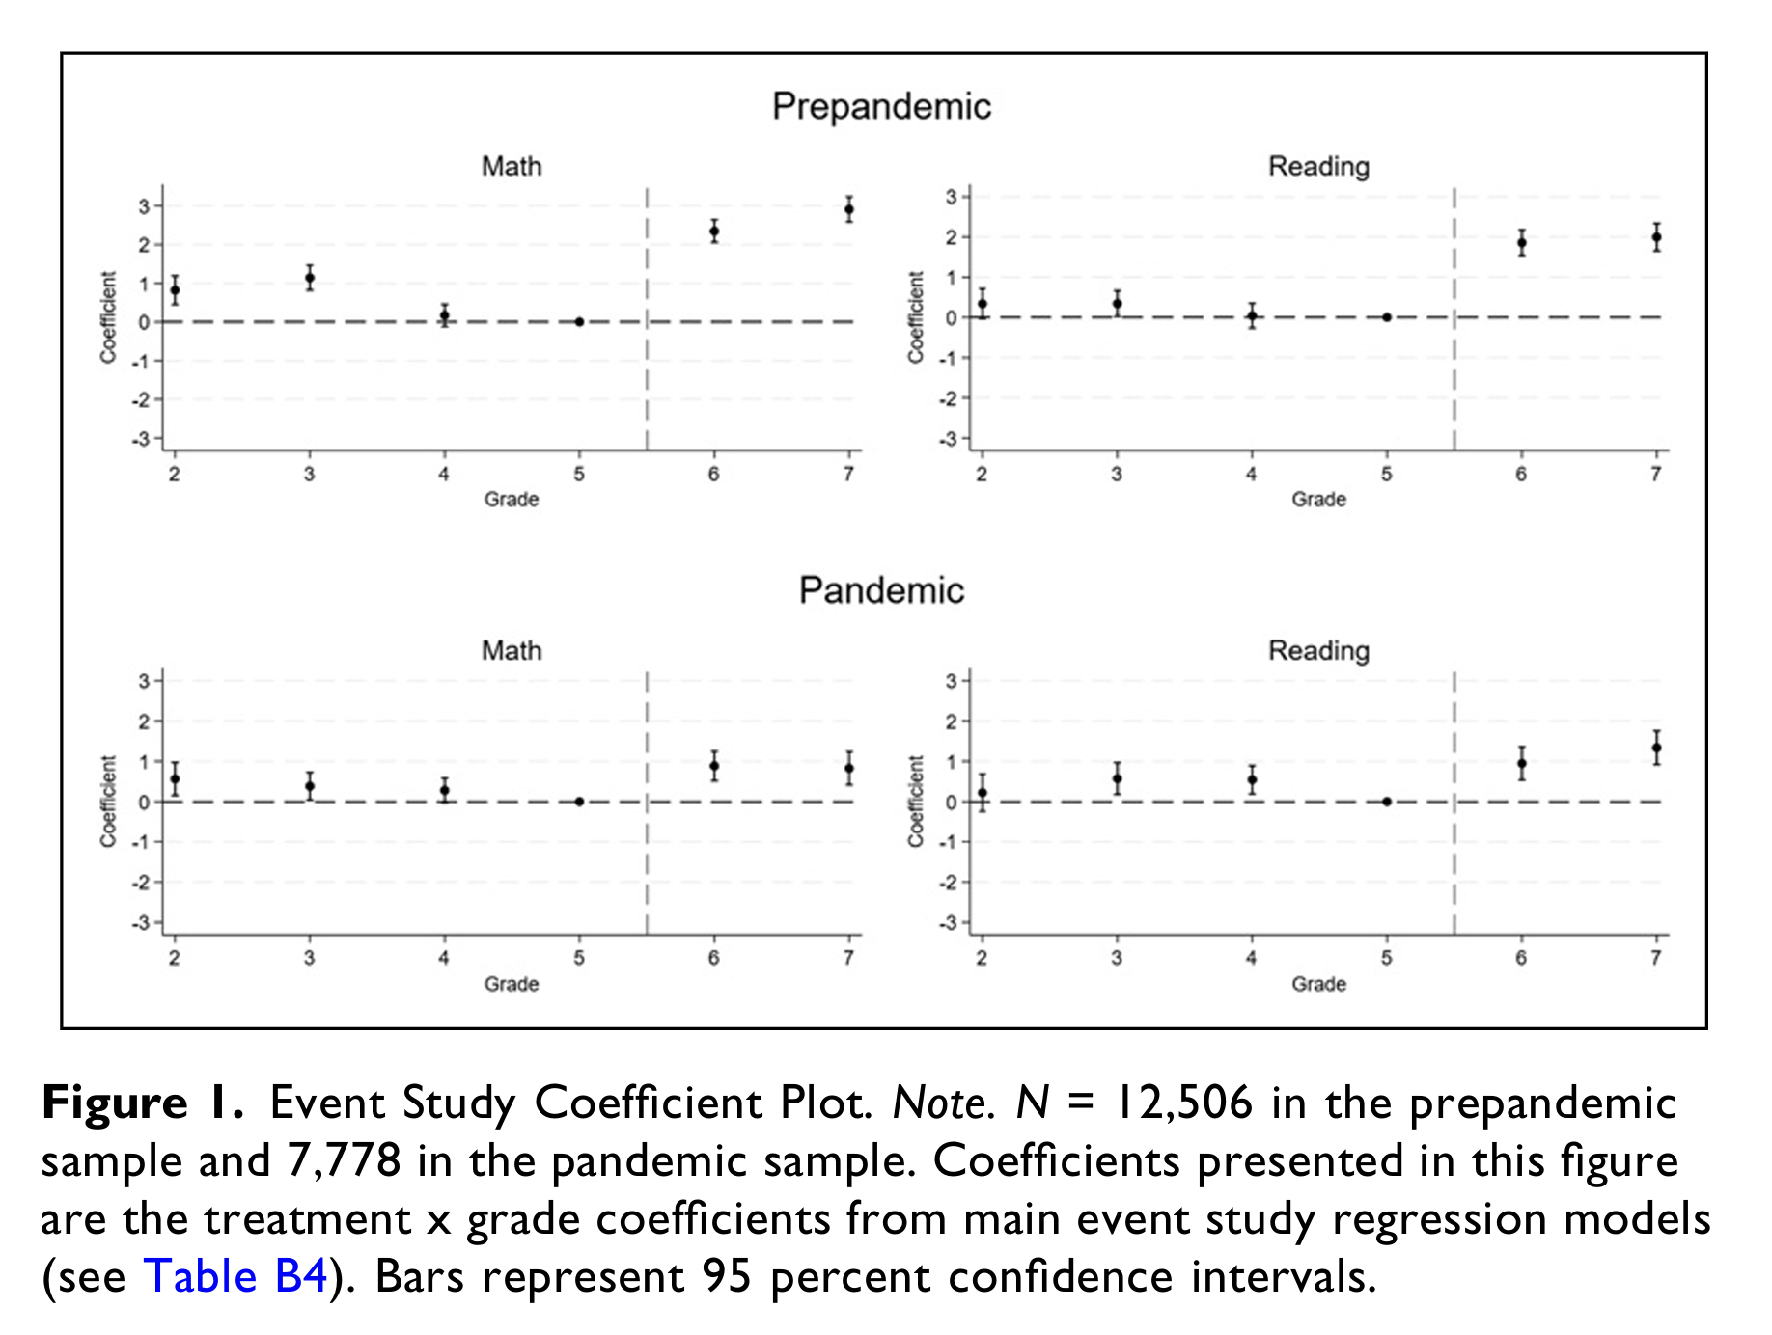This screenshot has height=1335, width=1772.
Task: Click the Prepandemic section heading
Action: tap(881, 106)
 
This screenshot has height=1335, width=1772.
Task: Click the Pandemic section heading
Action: tap(881, 590)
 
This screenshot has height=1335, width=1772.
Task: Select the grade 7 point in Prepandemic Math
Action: tap(848, 209)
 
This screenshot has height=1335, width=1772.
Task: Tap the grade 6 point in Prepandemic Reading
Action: tap(1521, 243)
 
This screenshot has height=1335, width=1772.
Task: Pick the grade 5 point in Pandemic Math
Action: tap(579, 802)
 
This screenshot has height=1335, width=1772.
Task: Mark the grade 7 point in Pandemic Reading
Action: tap(1656, 748)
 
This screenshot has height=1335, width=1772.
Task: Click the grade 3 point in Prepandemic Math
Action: tap(310, 279)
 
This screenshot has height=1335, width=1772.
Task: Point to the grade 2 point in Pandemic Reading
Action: tap(983, 793)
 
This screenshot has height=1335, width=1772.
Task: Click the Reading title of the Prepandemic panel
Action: tap(1318, 167)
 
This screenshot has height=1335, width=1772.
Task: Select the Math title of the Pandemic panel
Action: tap(512, 651)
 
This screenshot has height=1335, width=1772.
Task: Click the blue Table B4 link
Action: tap(235, 1277)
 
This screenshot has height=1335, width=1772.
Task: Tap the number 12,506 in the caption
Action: tap(1183, 1103)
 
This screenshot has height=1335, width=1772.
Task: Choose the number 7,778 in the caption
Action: tap(344, 1160)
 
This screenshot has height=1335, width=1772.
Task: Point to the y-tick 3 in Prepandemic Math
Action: tap(144, 206)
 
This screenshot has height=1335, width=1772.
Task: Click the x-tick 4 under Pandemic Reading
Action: tap(1251, 958)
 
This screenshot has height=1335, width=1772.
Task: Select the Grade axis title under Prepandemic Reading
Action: tap(1318, 500)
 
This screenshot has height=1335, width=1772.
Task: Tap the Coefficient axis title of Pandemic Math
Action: tap(108, 802)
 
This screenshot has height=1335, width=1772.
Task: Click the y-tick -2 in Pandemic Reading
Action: tap(949, 883)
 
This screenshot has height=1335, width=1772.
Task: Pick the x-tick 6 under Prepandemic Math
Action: tap(713, 474)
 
